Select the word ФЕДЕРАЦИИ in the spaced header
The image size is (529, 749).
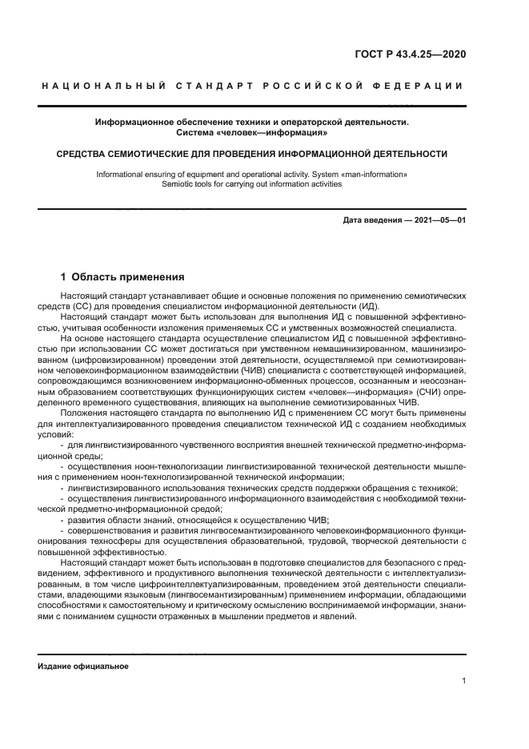[x=425, y=86]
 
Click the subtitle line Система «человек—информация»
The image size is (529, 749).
[x=251, y=132]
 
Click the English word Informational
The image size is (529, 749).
[x=121, y=174]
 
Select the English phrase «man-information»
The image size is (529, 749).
[x=375, y=174]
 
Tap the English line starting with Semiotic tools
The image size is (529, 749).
[x=251, y=183]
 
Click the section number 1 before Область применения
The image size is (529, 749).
[x=64, y=277]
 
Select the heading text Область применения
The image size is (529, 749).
[x=128, y=277]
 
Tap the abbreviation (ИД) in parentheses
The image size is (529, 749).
[x=367, y=306]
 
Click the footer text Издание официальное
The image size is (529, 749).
[x=83, y=666]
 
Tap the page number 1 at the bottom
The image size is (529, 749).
[x=463, y=681]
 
